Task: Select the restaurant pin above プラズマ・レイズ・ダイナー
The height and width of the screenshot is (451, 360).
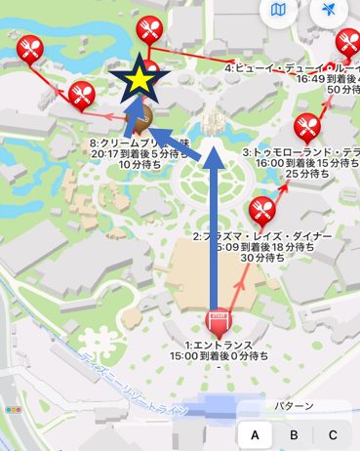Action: click(260, 208)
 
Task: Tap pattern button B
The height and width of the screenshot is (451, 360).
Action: click(294, 434)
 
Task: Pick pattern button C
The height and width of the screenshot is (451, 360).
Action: click(332, 434)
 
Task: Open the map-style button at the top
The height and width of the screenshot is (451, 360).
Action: click(279, 11)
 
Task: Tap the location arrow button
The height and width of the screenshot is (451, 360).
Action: click(328, 11)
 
